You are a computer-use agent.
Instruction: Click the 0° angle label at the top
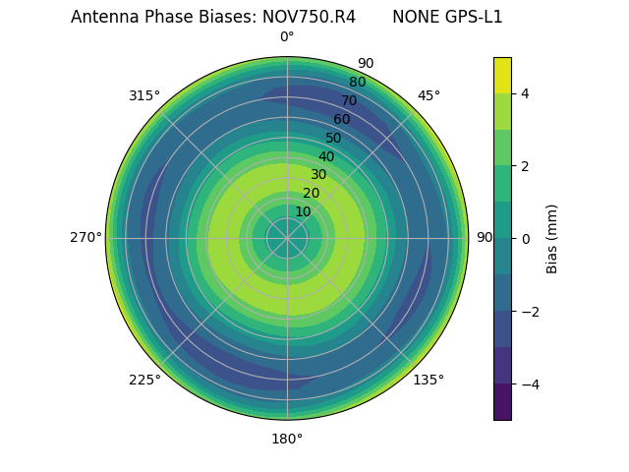click(x=287, y=37)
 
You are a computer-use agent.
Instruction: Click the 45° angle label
click(x=429, y=95)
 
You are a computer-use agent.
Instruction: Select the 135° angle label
click(x=429, y=380)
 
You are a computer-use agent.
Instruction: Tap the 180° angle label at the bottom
click(x=287, y=439)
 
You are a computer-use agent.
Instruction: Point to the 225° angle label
click(x=144, y=380)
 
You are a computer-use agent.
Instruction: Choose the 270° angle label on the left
click(x=86, y=237)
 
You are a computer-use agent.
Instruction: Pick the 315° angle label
click(x=144, y=95)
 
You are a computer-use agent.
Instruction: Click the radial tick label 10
click(x=303, y=211)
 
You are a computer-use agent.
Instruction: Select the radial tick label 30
click(x=318, y=174)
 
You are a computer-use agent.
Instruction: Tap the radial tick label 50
click(x=333, y=139)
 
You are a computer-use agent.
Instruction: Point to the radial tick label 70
click(x=349, y=101)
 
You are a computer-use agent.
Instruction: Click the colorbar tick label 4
click(x=526, y=93)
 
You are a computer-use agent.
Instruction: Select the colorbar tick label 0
click(x=526, y=238)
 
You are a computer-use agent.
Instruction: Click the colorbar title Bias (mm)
click(x=552, y=238)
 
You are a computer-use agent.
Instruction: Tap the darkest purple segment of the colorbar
click(x=502, y=401)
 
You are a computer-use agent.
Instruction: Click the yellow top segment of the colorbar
click(x=502, y=75)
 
